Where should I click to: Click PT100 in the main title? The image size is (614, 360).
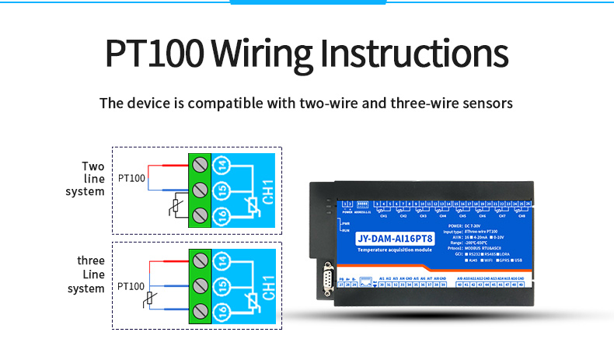(x=154, y=55)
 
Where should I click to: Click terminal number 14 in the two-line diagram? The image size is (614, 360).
(x=222, y=165)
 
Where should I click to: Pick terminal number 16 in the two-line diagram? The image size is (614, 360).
(x=222, y=215)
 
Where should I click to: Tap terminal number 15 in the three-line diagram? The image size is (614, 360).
(x=222, y=285)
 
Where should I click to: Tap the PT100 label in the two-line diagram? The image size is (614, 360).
(x=131, y=179)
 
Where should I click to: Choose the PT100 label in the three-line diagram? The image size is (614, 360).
(x=131, y=287)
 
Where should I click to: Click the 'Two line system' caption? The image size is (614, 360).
(x=88, y=179)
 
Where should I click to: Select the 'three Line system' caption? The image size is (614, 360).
(x=88, y=274)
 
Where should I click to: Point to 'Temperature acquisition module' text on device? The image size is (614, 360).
(x=396, y=251)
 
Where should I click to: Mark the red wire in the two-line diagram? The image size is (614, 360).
(x=167, y=166)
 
